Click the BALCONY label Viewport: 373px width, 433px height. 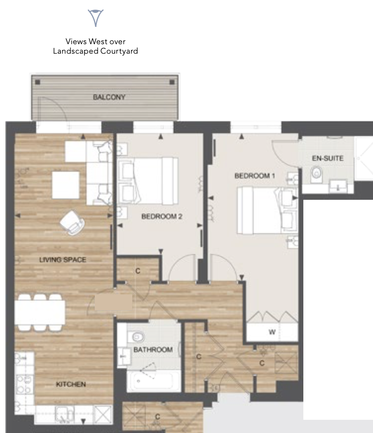coord(109,97)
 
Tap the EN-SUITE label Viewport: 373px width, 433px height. coord(328,158)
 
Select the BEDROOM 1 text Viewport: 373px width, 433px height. coord(254,175)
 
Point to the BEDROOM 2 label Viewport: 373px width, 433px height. coord(162,216)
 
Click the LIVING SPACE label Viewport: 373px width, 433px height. coord(63,260)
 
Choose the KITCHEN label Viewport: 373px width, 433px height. coord(71,384)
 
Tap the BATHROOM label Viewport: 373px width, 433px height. coord(153,350)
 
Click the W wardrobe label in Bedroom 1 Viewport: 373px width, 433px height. coord(272,332)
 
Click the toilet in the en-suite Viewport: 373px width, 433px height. coord(316,174)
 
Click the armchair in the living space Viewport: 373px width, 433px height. coord(72,222)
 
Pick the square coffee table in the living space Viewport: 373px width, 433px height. coord(66,185)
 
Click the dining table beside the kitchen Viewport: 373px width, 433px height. coord(40,312)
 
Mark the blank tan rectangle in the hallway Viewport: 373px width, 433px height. coord(113,302)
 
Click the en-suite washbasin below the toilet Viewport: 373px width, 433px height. coord(338,186)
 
